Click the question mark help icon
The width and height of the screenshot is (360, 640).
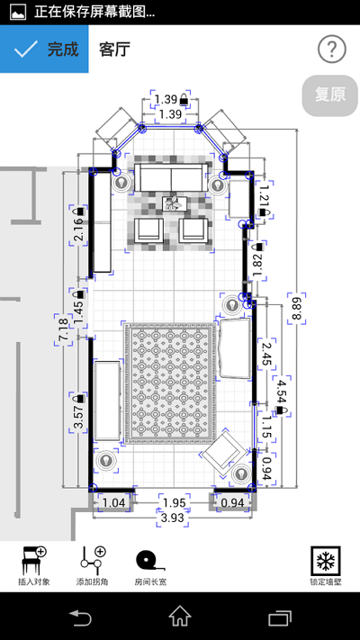click(331, 50)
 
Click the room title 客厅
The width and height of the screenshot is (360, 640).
click(114, 50)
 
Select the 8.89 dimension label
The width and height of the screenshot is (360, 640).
click(295, 307)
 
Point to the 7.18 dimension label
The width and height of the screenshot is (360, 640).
click(63, 328)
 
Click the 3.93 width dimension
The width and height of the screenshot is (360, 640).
click(172, 518)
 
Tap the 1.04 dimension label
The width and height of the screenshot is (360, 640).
click(113, 502)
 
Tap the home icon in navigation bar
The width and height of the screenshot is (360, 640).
click(180, 617)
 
